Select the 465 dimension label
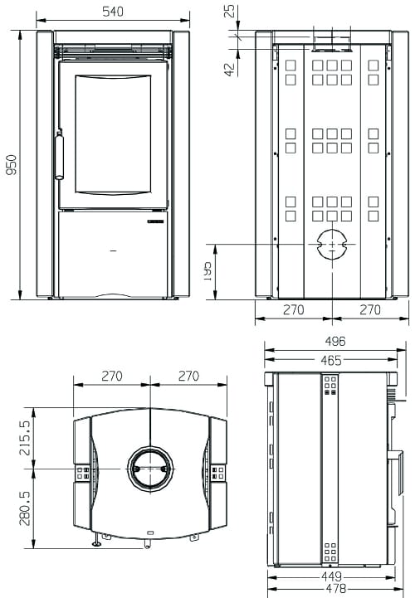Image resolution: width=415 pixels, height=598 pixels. point(330,360)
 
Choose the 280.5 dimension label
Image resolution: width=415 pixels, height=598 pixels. point(24,508)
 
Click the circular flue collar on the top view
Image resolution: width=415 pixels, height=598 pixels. point(150,469)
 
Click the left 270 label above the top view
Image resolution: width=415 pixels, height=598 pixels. point(111,376)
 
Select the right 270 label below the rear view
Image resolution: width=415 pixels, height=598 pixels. point(369,310)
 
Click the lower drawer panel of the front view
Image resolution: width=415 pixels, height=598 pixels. point(113,253)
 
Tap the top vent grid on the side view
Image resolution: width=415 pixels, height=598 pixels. point(330,386)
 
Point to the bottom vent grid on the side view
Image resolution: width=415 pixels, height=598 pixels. point(330,551)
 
